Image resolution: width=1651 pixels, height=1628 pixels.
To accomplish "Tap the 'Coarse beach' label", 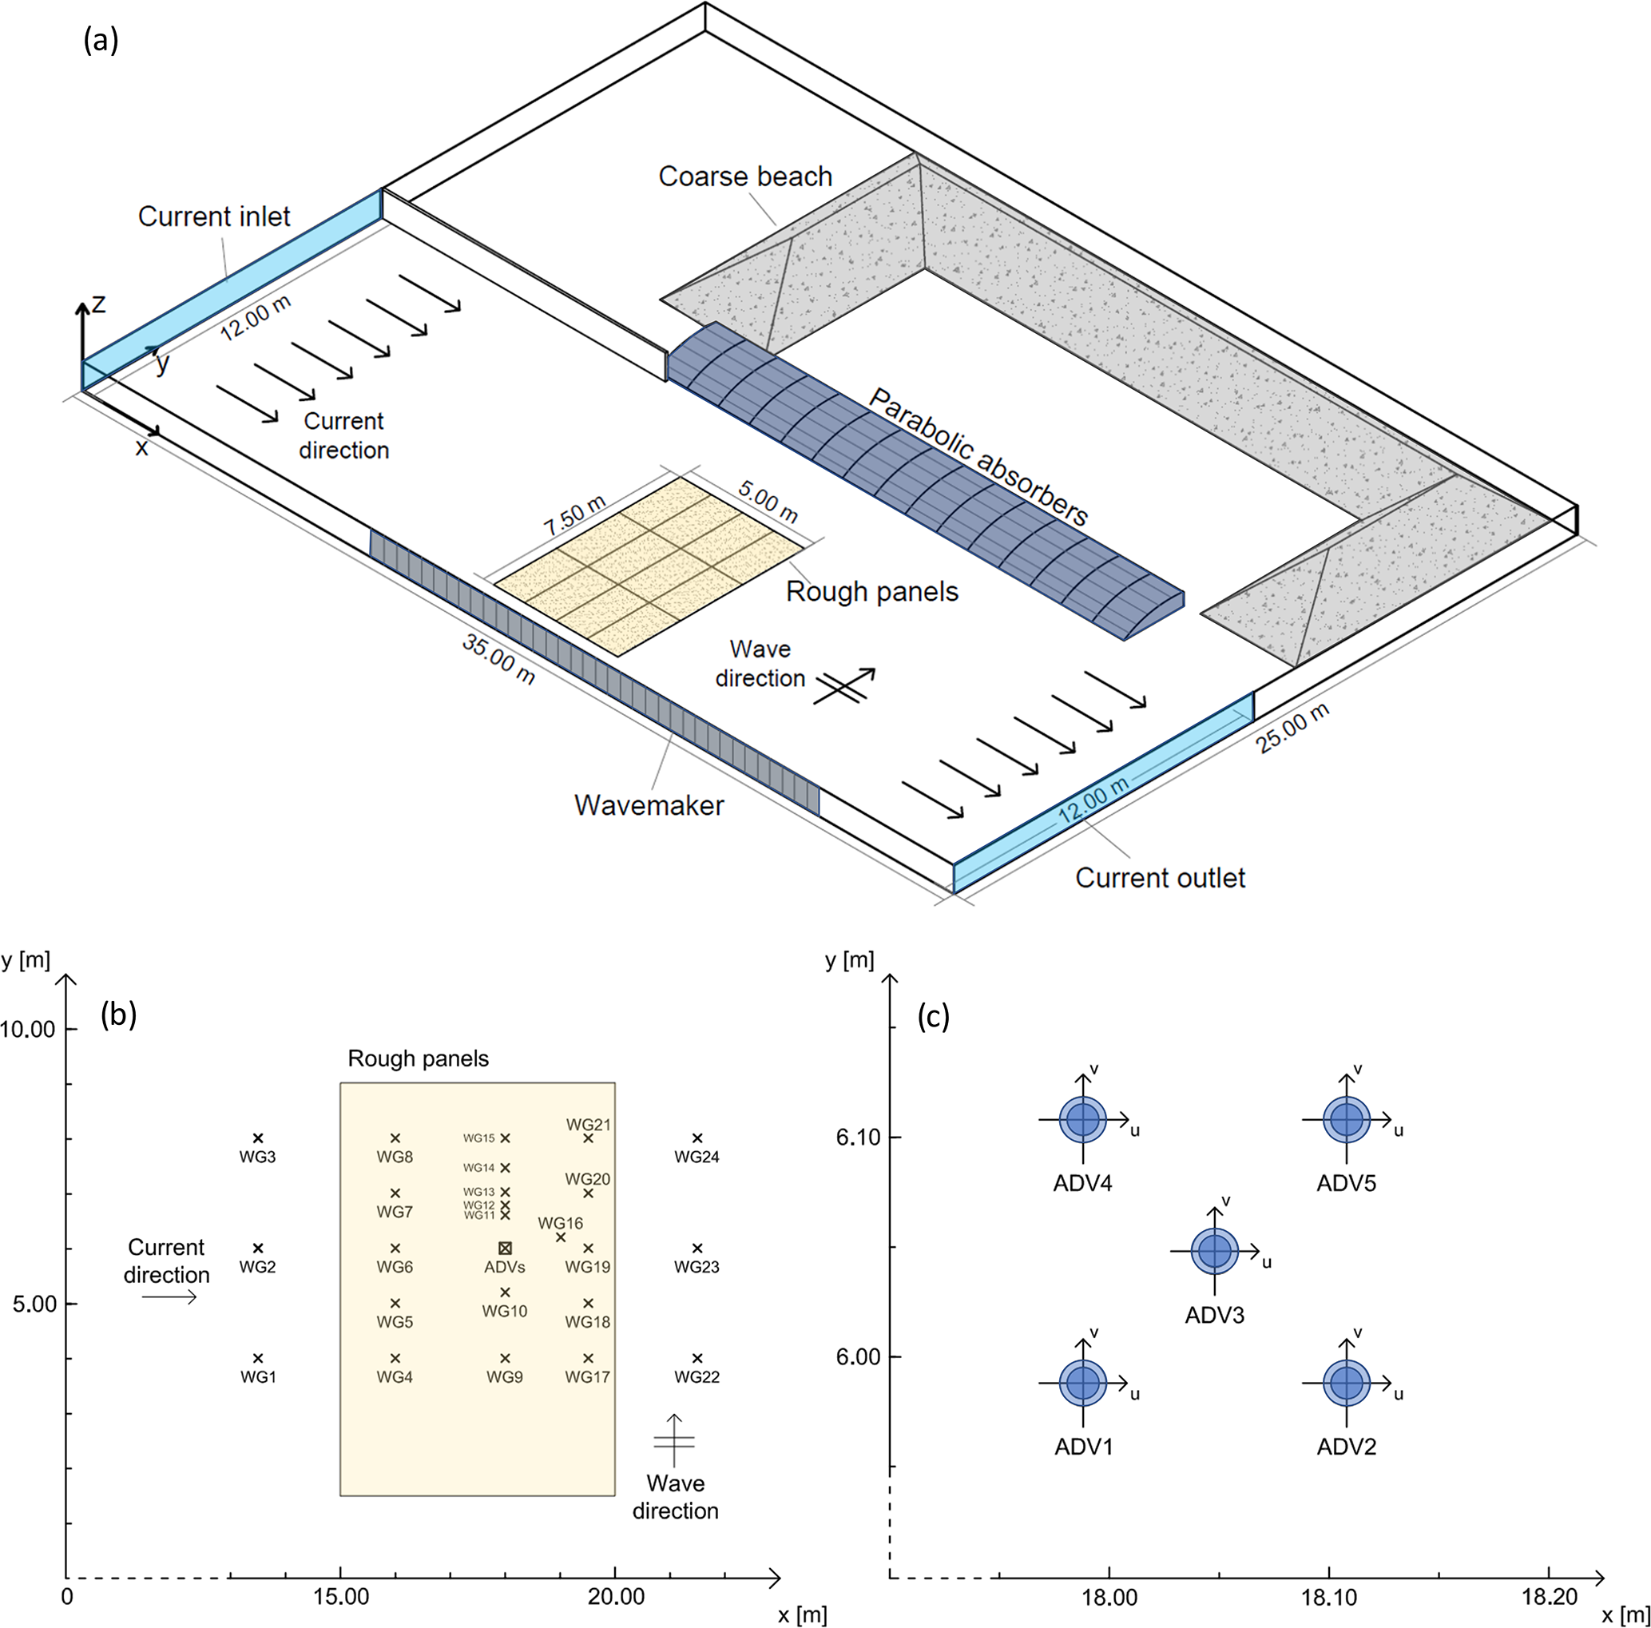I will (745, 176).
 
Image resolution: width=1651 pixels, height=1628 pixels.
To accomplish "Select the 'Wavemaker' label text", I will (649, 805).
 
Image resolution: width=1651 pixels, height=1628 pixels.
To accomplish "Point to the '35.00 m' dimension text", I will (499, 659).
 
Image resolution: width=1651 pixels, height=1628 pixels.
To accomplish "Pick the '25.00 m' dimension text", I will (1292, 728).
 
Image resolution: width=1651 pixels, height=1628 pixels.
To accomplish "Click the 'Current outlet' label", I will (1160, 878).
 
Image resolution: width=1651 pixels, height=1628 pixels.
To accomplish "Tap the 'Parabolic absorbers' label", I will (978, 457).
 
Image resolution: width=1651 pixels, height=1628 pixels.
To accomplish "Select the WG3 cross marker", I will (258, 1138).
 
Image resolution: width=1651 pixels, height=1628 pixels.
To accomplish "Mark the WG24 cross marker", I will (697, 1138).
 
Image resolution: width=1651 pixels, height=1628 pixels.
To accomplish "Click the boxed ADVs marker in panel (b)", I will (505, 1248).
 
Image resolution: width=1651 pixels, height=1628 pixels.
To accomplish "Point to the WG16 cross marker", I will (561, 1237).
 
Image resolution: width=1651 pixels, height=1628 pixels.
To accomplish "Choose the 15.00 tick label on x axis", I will (341, 1596).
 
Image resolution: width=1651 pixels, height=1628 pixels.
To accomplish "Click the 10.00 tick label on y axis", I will (27, 1029).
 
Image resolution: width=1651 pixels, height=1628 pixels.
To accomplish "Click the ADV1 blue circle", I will (1083, 1382).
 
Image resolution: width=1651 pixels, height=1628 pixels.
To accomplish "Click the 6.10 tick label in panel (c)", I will (857, 1137).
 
